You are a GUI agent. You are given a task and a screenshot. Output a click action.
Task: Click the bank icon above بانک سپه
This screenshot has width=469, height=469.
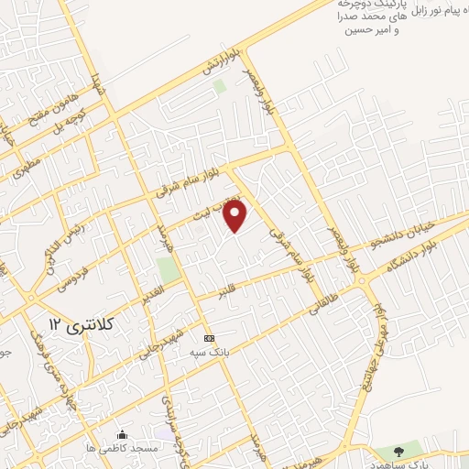(x=209, y=337)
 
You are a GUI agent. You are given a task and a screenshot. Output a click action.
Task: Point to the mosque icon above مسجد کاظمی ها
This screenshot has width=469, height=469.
(x=123, y=434)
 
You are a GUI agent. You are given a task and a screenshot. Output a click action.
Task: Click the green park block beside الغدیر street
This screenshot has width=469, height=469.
(x=168, y=270)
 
